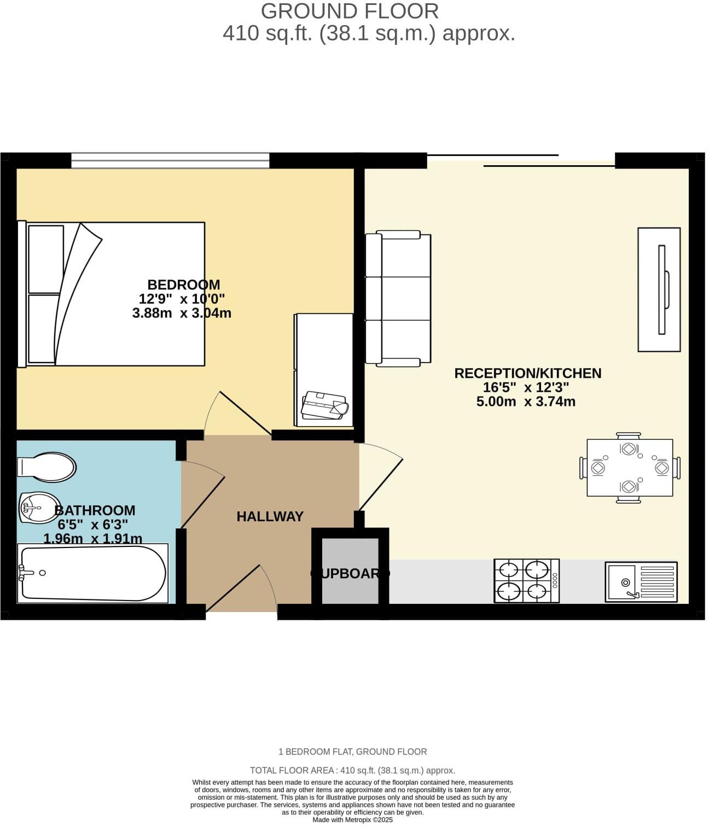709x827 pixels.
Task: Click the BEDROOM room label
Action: pyautogui.click(x=184, y=284)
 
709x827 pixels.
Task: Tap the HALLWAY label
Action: pyautogui.click(x=270, y=516)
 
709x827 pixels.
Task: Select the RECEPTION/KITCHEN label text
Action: pyautogui.click(x=527, y=373)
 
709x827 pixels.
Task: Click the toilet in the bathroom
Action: pyautogui.click(x=47, y=467)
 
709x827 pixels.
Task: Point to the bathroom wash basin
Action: pyautogui.click(x=40, y=507)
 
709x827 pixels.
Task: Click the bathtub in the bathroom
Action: pyautogui.click(x=92, y=573)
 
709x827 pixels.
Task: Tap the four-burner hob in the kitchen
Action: pyautogui.click(x=526, y=580)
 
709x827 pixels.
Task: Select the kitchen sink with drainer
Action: pyautogui.click(x=641, y=581)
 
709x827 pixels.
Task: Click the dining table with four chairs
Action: pyautogui.click(x=629, y=467)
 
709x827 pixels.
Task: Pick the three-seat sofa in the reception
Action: pyautogui.click(x=398, y=298)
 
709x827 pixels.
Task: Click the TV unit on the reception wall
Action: pyautogui.click(x=659, y=289)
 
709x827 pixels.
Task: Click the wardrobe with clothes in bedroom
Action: pyautogui.click(x=324, y=370)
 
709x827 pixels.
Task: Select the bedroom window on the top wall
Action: pyautogui.click(x=170, y=160)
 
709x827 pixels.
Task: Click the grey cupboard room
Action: pyautogui.click(x=350, y=572)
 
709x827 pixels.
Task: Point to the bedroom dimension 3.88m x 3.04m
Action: pyautogui.click(x=182, y=313)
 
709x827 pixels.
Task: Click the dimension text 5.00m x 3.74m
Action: pyautogui.click(x=525, y=402)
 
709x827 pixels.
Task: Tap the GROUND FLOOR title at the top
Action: pyautogui.click(x=350, y=11)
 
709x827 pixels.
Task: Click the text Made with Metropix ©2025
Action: pyautogui.click(x=352, y=820)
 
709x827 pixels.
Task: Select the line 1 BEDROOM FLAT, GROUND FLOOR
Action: pyautogui.click(x=352, y=752)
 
